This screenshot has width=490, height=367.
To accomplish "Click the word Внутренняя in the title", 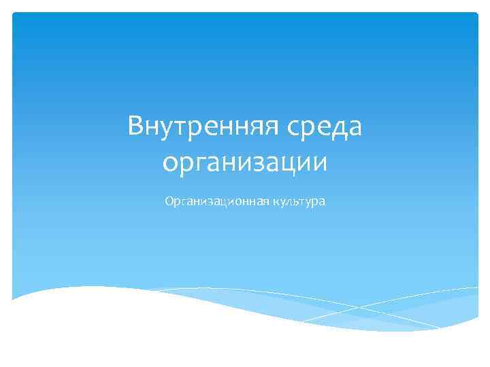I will click(201, 128).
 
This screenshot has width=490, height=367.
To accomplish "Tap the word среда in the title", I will click(325, 128).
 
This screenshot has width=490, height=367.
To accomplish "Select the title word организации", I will click(245, 163).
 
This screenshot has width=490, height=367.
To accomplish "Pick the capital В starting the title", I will click(136, 126).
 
